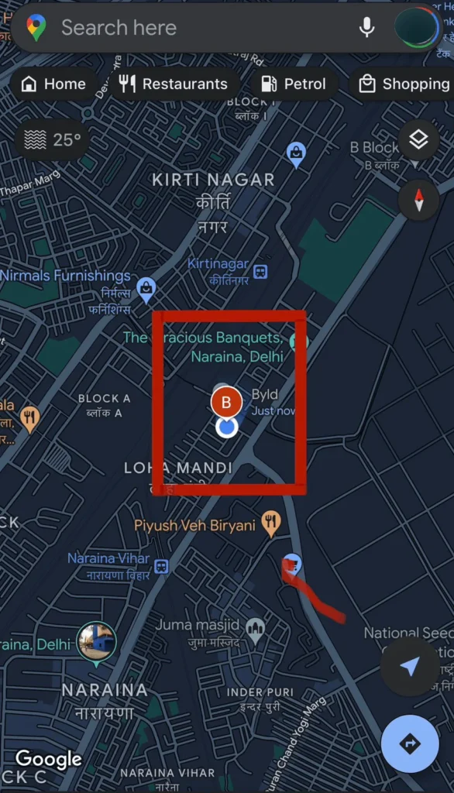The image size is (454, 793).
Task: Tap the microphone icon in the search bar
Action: (x=366, y=28)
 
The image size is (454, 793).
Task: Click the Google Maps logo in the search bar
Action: (x=36, y=28)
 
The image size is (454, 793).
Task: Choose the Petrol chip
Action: (x=294, y=84)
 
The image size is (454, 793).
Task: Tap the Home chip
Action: (x=53, y=84)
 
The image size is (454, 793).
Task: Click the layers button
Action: (x=418, y=140)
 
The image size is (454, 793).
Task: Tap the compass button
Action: (x=418, y=199)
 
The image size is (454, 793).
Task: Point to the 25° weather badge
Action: (x=53, y=140)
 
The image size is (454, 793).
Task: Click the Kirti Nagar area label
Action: (x=213, y=180)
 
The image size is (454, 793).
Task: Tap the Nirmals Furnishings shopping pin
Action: (x=146, y=289)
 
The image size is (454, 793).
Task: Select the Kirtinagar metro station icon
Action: (x=261, y=272)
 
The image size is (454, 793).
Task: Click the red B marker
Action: (x=227, y=402)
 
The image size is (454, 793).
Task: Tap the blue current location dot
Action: (x=226, y=427)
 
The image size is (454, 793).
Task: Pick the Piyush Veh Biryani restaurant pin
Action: (x=270, y=524)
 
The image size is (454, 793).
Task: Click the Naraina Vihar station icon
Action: (x=161, y=566)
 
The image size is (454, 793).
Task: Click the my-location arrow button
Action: (x=410, y=667)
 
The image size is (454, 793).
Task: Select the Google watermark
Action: (x=49, y=759)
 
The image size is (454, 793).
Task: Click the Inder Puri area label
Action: (x=260, y=692)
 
